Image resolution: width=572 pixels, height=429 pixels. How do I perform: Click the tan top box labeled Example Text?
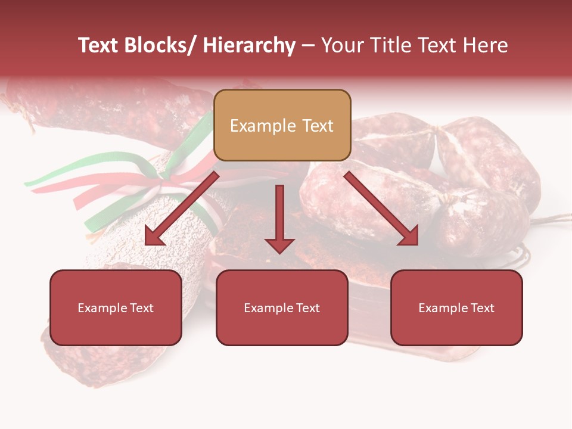point(282,125)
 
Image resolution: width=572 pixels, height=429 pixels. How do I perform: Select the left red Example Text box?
point(116,307)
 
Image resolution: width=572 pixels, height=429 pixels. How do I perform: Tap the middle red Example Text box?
point(282,307)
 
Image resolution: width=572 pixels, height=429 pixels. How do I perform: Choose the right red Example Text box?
point(456,307)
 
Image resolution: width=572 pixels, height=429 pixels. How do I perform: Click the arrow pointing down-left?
point(182,209)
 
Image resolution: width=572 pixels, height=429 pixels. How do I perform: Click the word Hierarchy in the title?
point(248,45)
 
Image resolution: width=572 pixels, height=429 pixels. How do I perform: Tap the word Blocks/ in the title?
point(161,45)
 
